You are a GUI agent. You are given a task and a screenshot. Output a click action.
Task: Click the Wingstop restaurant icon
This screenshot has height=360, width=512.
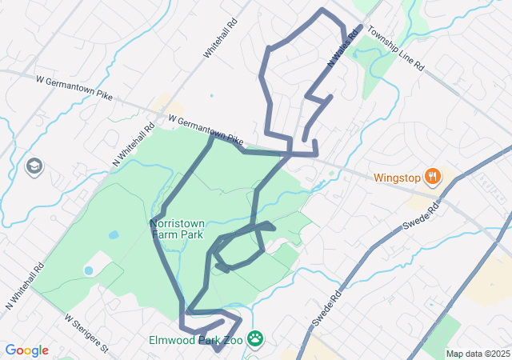tap(432, 176)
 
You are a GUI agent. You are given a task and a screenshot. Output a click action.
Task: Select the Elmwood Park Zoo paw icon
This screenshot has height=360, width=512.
tap(255, 339)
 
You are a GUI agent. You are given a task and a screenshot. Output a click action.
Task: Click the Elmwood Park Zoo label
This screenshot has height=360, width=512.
tap(195, 340)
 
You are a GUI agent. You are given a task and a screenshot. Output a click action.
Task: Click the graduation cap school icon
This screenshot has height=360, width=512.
tap(34, 166)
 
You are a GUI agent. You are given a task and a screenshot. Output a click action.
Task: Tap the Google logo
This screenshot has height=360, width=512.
tap(26, 350)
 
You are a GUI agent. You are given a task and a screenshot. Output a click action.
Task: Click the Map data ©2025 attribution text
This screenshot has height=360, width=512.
tap(478, 354)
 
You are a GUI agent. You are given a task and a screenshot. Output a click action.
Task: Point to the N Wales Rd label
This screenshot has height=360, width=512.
tap(340, 49)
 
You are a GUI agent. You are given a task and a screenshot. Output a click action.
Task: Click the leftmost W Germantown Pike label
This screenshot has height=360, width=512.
tap(75, 86)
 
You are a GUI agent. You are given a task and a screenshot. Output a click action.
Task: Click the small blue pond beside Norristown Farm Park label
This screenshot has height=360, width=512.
tap(114, 236)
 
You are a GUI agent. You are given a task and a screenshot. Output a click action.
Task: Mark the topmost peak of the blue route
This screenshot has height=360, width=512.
tap(322, 10)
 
